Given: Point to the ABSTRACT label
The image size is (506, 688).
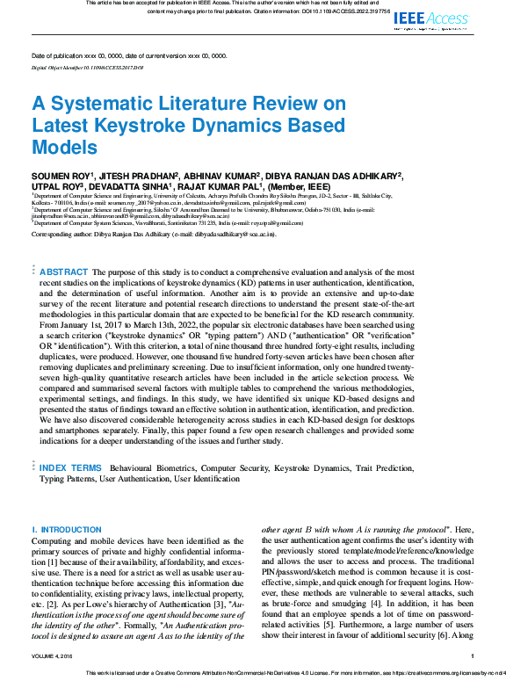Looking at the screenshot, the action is tap(64, 272).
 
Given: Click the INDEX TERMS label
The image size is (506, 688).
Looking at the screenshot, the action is tap(70, 468).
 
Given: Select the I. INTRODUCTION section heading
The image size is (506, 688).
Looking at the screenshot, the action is tap(66, 530).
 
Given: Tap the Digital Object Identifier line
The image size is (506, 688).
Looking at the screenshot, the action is tap(87, 67).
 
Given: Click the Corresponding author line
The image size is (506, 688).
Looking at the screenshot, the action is tap(154, 235).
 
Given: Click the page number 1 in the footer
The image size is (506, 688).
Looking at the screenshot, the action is tap(472, 655).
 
